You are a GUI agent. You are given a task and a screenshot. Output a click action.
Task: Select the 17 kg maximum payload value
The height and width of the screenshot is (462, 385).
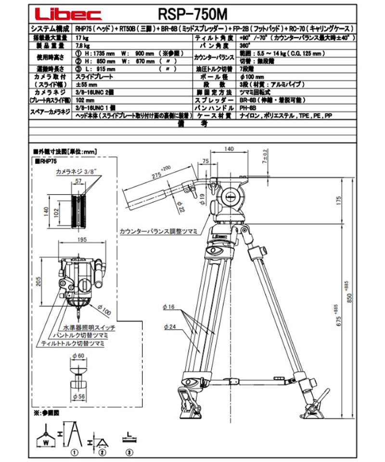pos(80,38)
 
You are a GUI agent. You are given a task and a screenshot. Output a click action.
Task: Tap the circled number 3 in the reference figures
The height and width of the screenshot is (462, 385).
pos(129,452)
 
